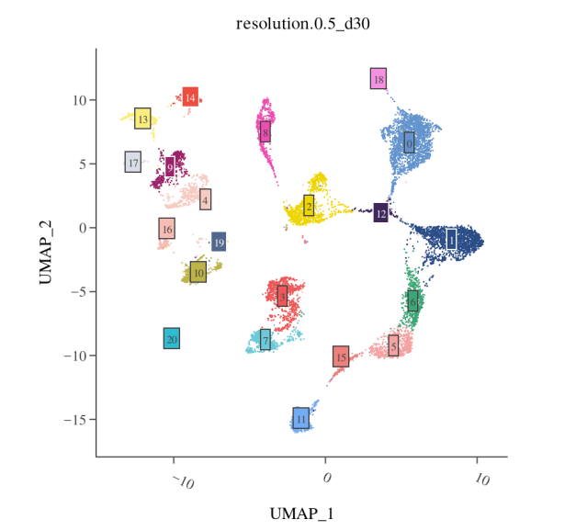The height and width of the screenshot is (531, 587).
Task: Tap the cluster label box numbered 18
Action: click(378, 79)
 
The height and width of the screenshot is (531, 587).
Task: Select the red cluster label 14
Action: click(190, 96)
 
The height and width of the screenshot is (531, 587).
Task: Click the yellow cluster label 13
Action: click(142, 119)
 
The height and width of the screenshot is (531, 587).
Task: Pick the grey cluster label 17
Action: click(133, 163)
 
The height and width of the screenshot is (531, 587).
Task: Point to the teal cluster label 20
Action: click(172, 339)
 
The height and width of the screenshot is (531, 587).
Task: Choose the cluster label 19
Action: click(219, 243)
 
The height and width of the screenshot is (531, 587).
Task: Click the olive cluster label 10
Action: click(198, 272)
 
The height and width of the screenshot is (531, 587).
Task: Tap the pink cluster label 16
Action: click(166, 229)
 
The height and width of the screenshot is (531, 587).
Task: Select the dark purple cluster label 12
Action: click(380, 213)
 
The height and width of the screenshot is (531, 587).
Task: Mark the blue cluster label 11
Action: click(300, 419)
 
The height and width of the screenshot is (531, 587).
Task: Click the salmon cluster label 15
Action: click(341, 356)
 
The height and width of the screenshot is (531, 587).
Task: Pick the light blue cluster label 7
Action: click(265, 341)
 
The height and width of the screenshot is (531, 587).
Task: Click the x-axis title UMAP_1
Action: click(301, 512)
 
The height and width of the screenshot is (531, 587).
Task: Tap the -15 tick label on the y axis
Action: click(75, 420)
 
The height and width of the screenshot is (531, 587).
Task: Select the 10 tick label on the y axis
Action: click(79, 99)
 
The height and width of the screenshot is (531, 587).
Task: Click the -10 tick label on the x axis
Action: click(184, 481)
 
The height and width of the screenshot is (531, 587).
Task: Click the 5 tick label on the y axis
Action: click(83, 164)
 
